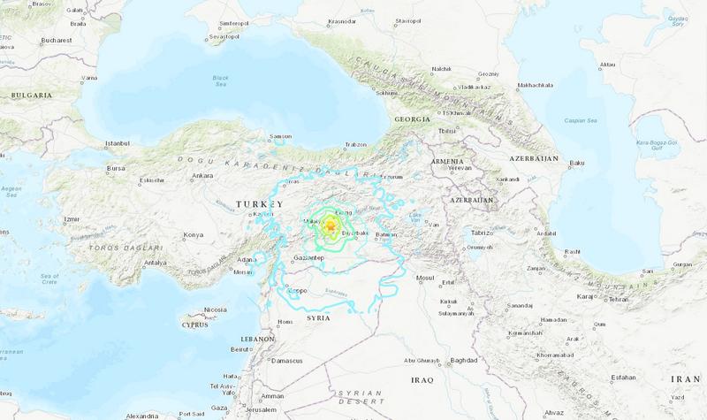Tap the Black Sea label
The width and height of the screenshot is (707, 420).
pyautogui.click(x=221, y=80)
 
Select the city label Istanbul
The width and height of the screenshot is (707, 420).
pyautogui.click(x=118, y=142)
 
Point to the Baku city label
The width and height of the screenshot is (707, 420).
pyautogui.click(x=579, y=163)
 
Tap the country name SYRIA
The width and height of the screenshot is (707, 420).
pyautogui.click(x=318, y=316)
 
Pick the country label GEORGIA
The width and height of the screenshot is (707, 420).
pyautogui.click(x=413, y=118)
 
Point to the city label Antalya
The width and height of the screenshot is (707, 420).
pyautogui.click(x=156, y=263)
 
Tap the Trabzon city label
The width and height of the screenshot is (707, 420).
pyautogui.click(x=357, y=144)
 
